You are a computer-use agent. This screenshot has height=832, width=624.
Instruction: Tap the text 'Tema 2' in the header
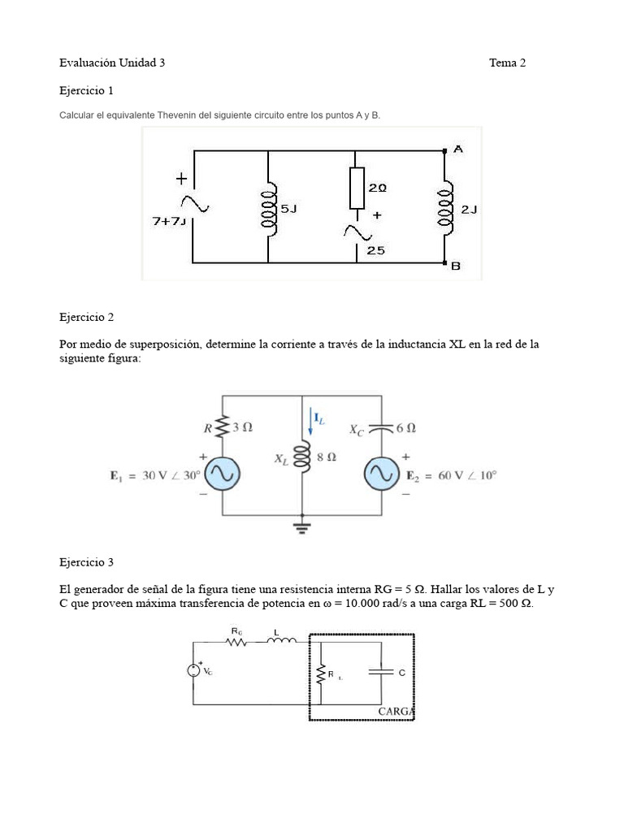[x=507, y=63]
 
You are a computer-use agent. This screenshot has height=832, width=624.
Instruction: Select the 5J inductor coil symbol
[x=267, y=207]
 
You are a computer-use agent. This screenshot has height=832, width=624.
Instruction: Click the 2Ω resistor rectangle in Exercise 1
[x=356, y=188]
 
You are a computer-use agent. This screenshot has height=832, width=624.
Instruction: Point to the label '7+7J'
[x=169, y=220]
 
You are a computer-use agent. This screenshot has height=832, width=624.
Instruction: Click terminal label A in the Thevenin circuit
[x=458, y=149]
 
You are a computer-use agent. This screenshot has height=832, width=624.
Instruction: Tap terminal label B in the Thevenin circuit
[x=456, y=265]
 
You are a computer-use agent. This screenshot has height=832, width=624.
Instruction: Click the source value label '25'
[x=375, y=250]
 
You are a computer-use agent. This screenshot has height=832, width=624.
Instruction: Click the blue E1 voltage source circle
[x=222, y=473]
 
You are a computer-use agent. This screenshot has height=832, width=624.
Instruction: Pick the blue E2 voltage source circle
[x=382, y=473]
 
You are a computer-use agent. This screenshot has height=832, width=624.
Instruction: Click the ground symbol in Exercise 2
[x=302, y=526]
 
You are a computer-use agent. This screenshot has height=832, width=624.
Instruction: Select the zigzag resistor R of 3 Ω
[x=222, y=426]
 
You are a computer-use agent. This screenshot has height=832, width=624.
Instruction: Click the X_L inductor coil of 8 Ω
[x=302, y=458]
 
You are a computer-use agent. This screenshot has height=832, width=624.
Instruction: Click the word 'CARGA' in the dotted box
[x=396, y=711]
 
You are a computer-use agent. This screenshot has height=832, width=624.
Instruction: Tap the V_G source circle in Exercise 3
[x=193, y=670]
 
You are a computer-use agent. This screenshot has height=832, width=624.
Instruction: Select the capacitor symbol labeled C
[x=381, y=672]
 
